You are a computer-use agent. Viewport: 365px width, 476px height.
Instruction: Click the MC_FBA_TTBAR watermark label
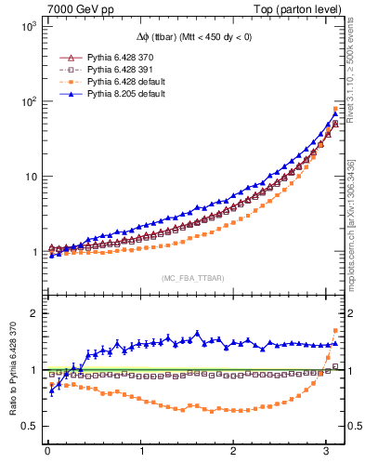click(192, 278)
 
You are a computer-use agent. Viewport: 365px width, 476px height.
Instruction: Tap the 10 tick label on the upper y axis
click(30, 177)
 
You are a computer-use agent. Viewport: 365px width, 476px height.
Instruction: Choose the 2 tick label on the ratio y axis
click(33, 313)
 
